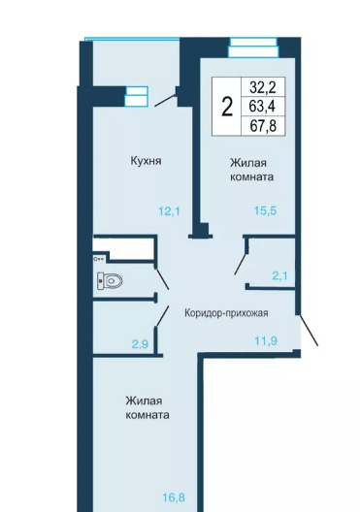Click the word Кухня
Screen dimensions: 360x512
[146, 161]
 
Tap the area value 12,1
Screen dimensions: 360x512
[169, 211]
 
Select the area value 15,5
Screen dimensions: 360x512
[265, 210]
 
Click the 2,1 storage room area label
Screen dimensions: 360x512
[280, 276]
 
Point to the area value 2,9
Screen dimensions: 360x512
[141, 344]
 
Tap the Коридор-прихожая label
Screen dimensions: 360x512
[226, 313]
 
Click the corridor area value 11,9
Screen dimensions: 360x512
[266, 341]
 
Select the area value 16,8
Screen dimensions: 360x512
[174, 497]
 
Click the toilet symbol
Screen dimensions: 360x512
[110, 280]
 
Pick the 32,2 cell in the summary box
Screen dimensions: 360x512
[263, 87]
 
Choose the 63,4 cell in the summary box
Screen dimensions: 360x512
[263, 106]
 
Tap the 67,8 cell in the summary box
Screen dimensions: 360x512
[263, 125]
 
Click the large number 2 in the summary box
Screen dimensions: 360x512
[227, 107]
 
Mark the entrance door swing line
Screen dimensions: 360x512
[308, 330]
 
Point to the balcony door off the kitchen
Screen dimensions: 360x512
[165, 100]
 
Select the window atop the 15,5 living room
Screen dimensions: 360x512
[253, 48]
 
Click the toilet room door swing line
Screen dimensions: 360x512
[162, 279]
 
